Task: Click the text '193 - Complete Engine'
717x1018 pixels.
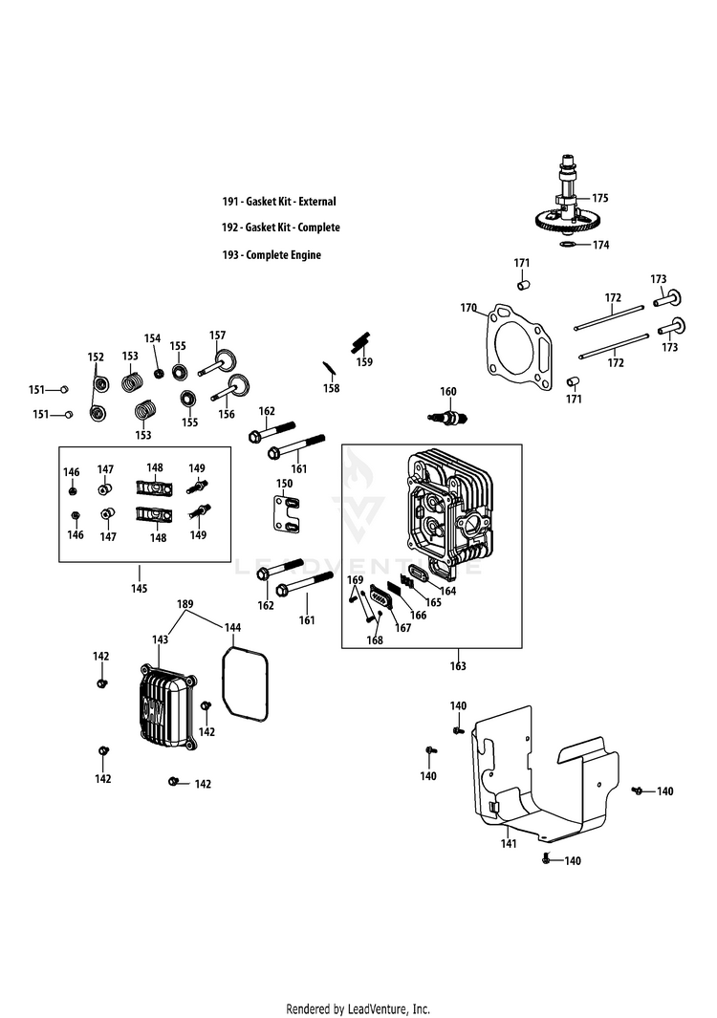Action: [272, 255]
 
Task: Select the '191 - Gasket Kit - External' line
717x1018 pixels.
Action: [279, 202]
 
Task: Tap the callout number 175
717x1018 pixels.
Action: [600, 198]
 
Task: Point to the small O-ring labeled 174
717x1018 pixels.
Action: [567, 245]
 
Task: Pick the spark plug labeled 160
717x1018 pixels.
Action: [445, 417]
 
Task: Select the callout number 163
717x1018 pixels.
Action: [458, 666]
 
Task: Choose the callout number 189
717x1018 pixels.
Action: [185, 605]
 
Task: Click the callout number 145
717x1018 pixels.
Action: [140, 589]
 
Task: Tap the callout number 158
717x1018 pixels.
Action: [331, 389]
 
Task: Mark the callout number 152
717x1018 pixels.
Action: [96, 357]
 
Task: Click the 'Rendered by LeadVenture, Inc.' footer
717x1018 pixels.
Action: [358, 1008]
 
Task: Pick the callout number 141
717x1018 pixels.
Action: [510, 844]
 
